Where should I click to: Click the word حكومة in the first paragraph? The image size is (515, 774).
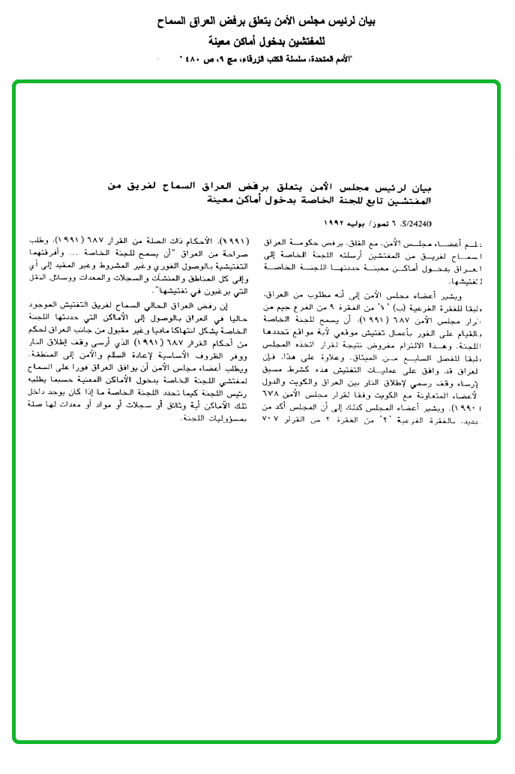click(x=316, y=243)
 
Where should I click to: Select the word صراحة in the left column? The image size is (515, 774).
click(x=229, y=253)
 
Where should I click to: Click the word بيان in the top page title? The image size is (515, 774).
click(x=366, y=22)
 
